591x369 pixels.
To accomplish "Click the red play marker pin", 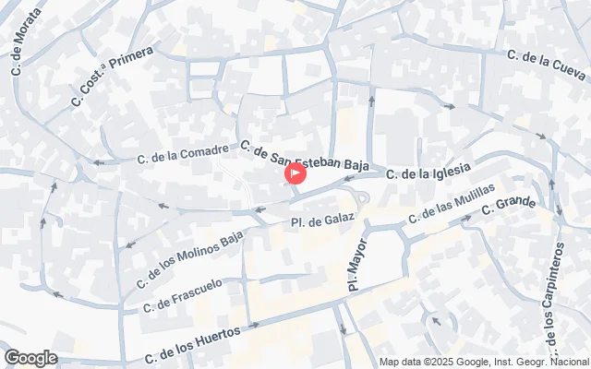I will (x=295, y=173).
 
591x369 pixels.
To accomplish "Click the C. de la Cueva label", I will (x=547, y=65).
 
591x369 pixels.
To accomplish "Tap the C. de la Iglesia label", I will (x=428, y=171).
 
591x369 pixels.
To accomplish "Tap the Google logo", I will (x=30, y=358).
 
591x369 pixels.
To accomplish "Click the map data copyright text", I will (x=484, y=362).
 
